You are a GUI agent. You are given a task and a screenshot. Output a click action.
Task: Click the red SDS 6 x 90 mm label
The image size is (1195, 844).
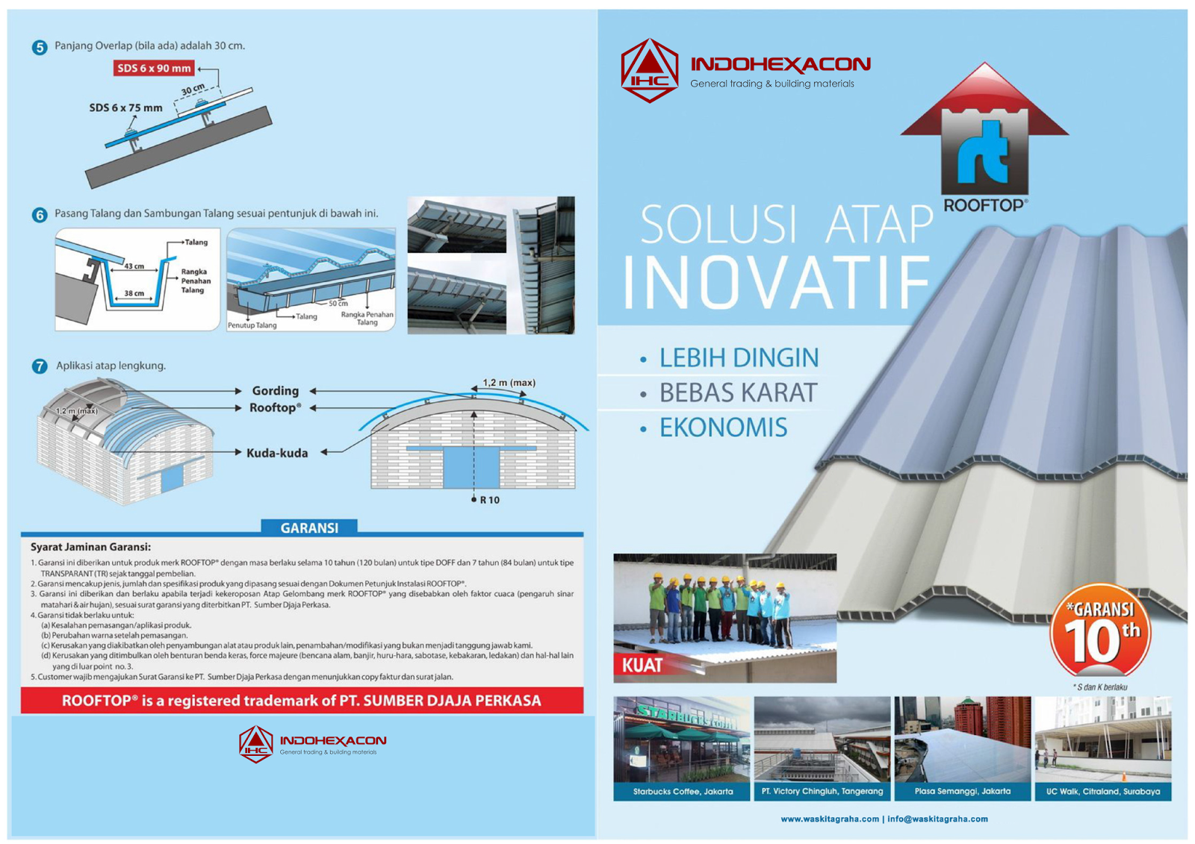pyautogui.click(x=154, y=68)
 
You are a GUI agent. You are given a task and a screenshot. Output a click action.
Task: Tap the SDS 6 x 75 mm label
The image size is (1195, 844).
pyautogui.click(x=125, y=107)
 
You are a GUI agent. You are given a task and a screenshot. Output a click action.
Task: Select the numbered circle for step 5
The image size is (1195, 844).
pyautogui.click(x=40, y=47)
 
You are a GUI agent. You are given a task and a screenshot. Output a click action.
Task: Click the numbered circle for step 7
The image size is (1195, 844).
pyautogui.click(x=40, y=366)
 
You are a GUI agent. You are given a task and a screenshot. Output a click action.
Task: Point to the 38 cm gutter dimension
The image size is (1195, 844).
pyautogui.click(x=134, y=293)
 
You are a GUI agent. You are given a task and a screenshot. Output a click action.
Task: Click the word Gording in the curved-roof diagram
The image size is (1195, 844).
pyautogui.click(x=275, y=390)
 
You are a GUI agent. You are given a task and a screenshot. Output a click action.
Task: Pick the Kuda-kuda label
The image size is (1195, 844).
pyautogui.click(x=277, y=453)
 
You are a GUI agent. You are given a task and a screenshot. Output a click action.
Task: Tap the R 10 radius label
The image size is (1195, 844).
pyautogui.click(x=489, y=500)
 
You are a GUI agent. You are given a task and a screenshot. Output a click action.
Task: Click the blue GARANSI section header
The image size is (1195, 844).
pyautogui.click(x=309, y=528)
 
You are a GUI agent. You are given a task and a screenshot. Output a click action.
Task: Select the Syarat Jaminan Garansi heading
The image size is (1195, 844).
pyautogui.click(x=90, y=547)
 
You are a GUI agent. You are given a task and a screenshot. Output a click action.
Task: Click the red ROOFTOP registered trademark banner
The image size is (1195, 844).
pyautogui.click(x=302, y=701)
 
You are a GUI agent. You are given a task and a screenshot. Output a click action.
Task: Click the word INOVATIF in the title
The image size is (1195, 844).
pyautogui.click(x=777, y=284)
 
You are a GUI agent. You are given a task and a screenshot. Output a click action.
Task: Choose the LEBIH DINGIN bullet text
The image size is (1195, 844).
pyautogui.click(x=738, y=358)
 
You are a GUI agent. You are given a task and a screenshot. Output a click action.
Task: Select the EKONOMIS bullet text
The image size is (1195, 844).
pyautogui.click(x=722, y=428)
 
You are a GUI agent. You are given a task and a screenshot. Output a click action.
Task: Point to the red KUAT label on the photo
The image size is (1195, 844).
pyautogui.click(x=642, y=665)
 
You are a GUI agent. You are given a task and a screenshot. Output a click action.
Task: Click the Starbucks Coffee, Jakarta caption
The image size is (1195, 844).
pyautogui.click(x=683, y=791)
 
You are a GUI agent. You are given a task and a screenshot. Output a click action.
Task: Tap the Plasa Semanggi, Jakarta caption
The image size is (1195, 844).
pyautogui.click(x=962, y=791)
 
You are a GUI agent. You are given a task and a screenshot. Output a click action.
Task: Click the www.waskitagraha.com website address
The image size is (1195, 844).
pyautogui.click(x=830, y=819)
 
